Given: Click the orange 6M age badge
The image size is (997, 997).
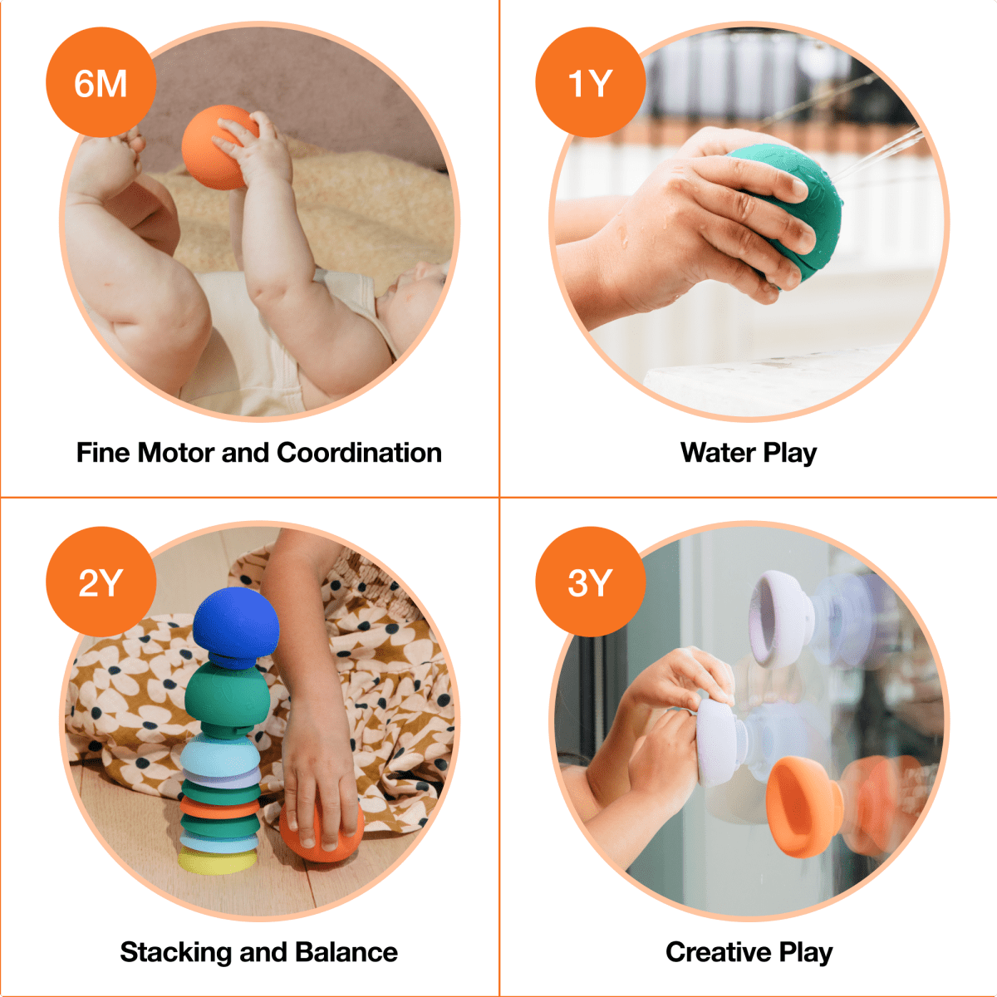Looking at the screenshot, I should (101, 83).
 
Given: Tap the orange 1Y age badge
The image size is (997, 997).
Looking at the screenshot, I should (590, 83).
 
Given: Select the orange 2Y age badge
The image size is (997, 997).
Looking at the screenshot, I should (101, 582).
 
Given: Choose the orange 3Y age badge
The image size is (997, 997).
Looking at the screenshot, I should (590, 582).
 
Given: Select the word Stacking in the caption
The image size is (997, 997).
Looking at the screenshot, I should (175, 952).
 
